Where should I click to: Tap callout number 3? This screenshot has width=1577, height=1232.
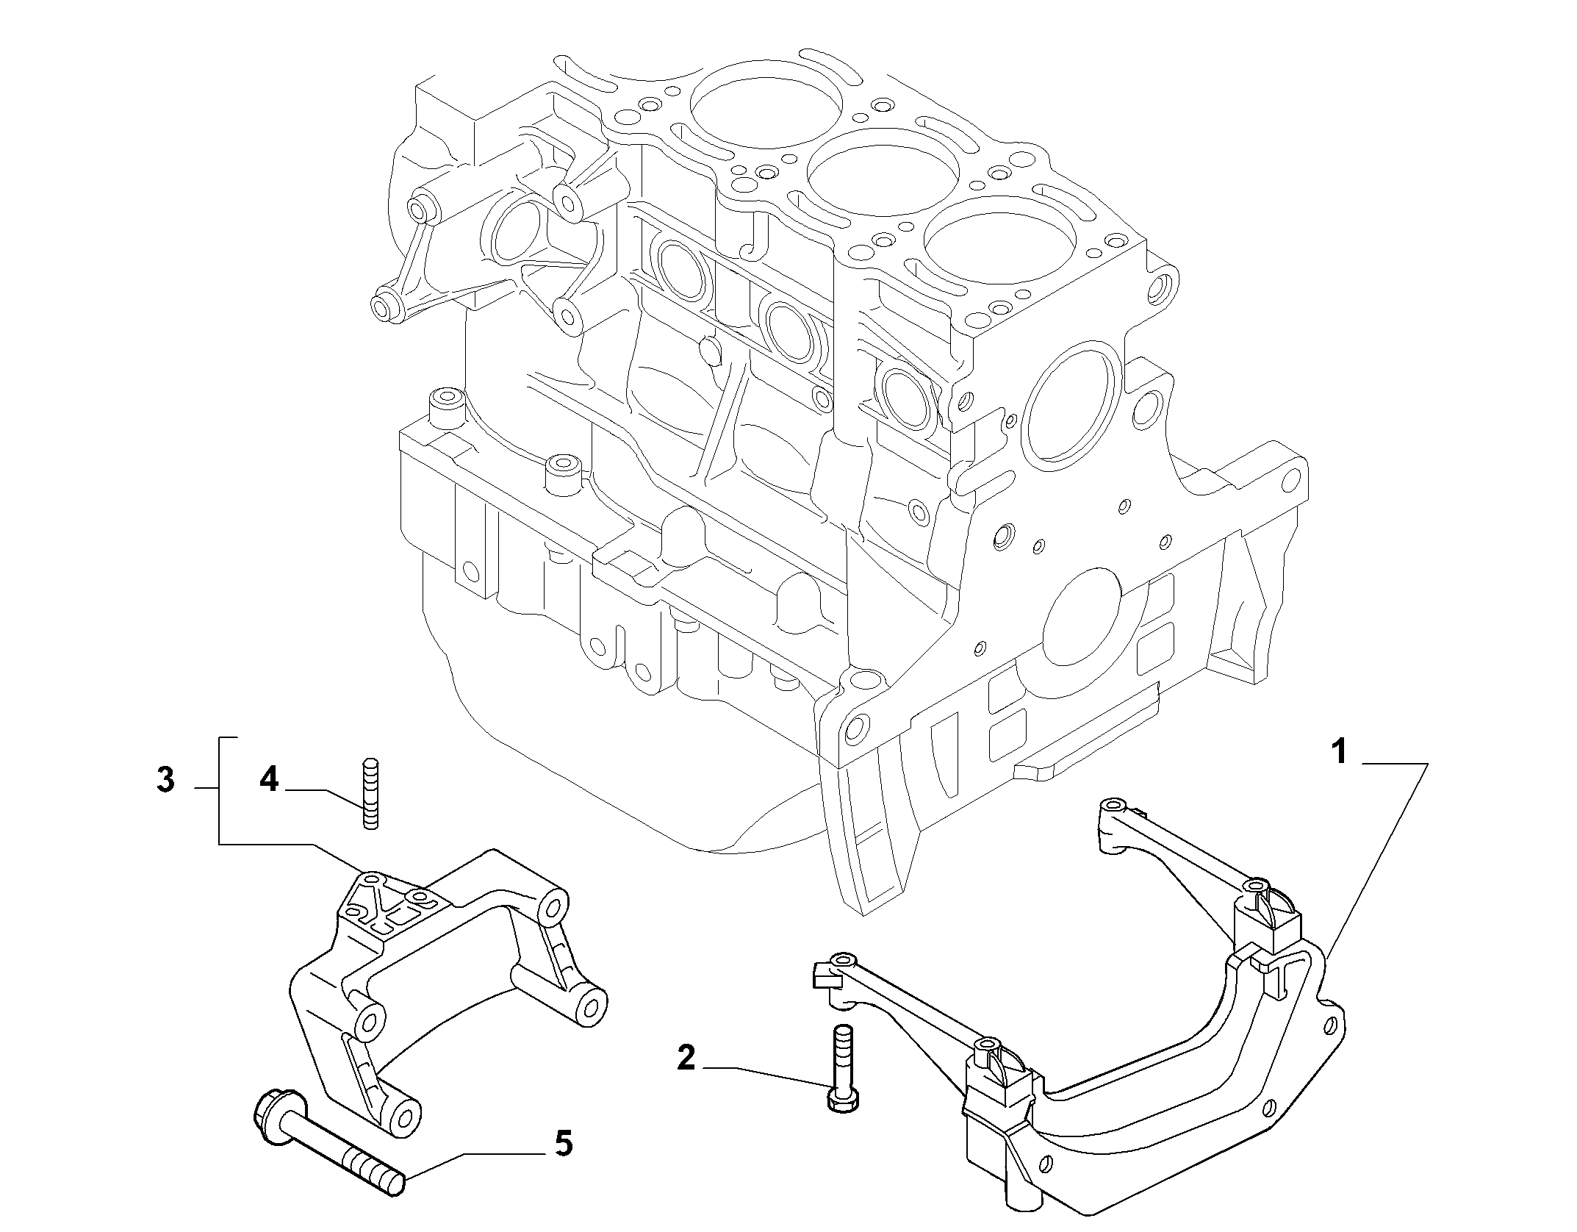(165, 780)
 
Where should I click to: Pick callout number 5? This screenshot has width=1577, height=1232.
(563, 1164)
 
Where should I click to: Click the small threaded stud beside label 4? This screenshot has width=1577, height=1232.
(371, 794)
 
